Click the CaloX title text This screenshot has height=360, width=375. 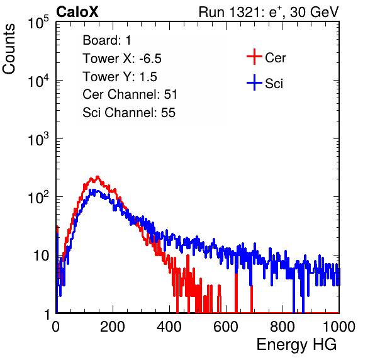point(77,12)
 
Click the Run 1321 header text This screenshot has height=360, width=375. point(269,12)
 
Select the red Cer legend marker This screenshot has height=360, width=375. point(254,57)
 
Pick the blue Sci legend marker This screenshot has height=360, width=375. point(254,83)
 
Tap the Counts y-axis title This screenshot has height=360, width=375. point(9,49)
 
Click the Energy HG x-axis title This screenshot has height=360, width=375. point(296,345)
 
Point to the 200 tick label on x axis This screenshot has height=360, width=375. point(112,327)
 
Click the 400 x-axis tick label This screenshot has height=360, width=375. point(169,327)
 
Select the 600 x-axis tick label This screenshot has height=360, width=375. point(226,327)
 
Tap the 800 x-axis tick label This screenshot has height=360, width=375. point(283,327)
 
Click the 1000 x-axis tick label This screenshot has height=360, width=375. point(339,327)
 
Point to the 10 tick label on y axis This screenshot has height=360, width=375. point(42,256)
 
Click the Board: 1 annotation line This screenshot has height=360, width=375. point(107,40)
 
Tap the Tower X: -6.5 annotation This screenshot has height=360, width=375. point(122,59)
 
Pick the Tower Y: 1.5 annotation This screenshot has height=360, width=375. point(120,77)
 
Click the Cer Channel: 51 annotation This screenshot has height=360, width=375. point(130,94)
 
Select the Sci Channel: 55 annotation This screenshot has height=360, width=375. point(129,113)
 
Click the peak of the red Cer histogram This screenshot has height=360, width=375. point(98,177)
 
